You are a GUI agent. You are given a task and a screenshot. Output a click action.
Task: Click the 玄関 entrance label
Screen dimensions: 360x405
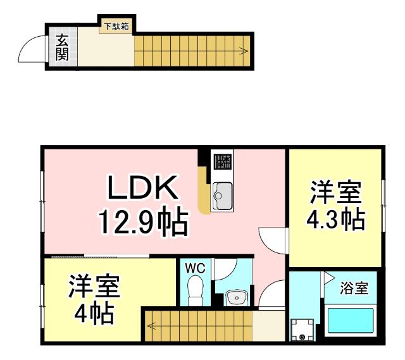(61, 47)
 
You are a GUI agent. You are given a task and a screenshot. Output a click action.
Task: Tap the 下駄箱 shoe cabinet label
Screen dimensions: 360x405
(116, 27)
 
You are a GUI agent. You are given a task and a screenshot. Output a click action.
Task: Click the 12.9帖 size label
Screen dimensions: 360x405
(142, 223)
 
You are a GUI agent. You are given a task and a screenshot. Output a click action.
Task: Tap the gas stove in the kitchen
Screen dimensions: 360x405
(222, 163)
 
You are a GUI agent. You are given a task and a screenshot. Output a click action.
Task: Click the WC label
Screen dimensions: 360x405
(195, 268)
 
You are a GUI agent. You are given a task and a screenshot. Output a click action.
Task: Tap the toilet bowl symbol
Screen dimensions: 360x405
(195, 292)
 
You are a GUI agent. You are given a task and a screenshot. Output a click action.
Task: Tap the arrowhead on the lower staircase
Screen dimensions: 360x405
(151, 326)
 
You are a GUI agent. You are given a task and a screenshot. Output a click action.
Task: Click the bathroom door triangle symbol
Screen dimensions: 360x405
(328, 276)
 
